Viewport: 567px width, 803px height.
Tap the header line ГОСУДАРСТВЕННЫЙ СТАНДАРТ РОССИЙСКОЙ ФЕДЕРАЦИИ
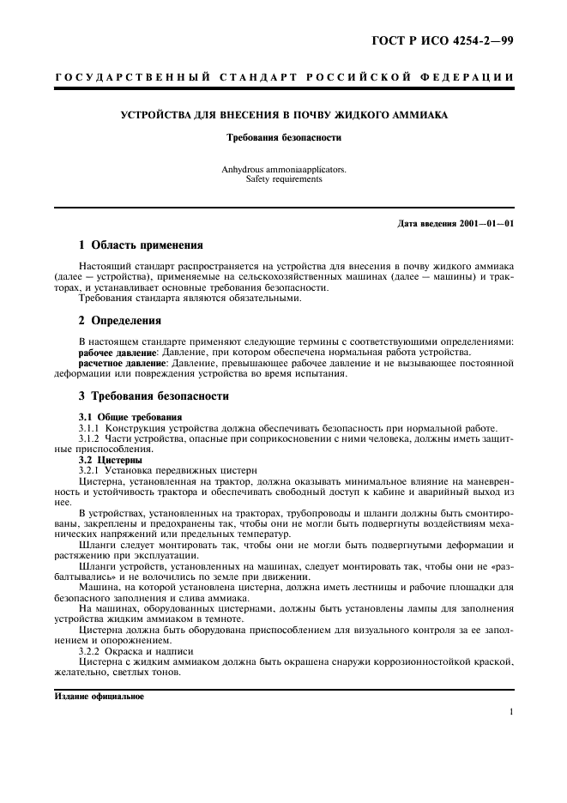tap(284, 78)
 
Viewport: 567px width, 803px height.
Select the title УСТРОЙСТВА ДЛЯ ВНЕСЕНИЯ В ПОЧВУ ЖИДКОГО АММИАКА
tap(283, 115)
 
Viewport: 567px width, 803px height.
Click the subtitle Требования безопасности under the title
tap(283, 136)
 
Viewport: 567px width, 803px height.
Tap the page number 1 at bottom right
tap(510, 712)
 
